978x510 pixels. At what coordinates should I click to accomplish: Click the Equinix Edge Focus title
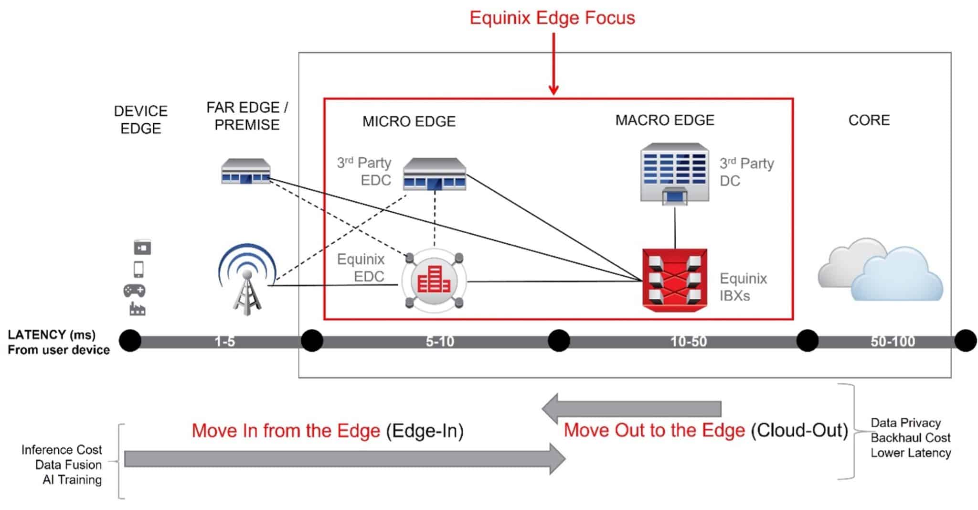pyautogui.click(x=552, y=18)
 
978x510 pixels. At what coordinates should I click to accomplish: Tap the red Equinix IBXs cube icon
pyautogui.click(x=674, y=280)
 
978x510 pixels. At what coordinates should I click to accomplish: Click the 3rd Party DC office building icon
pyautogui.click(x=674, y=173)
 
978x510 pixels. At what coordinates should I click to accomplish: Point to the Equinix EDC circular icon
pyautogui.click(x=434, y=281)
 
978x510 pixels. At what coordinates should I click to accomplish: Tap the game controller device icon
pyautogui.click(x=135, y=290)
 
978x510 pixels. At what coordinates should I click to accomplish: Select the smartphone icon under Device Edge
pyautogui.click(x=138, y=269)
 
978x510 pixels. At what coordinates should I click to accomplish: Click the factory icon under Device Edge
pyautogui.click(x=138, y=309)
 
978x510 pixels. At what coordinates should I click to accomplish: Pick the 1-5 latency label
pyautogui.click(x=224, y=342)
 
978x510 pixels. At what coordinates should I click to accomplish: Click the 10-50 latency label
pyautogui.click(x=689, y=342)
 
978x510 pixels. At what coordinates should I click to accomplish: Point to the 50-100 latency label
pyautogui.click(x=893, y=342)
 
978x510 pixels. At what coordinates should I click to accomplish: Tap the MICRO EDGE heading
pyautogui.click(x=409, y=121)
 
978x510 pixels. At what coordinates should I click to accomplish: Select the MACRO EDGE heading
pyautogui.click(x=665, y=120)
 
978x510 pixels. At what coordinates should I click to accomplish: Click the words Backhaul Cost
pyautogui.click(x=910, y=438)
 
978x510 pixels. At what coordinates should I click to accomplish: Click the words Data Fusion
pyautogui.click(x=68, y=465)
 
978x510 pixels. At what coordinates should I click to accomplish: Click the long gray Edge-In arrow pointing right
pyautogui.click(x=344, y=459)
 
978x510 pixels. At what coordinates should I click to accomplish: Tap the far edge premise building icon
pyautogui.click(x=246, y=171)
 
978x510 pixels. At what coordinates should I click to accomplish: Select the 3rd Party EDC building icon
pyautogui.click(x=434, y=174)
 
